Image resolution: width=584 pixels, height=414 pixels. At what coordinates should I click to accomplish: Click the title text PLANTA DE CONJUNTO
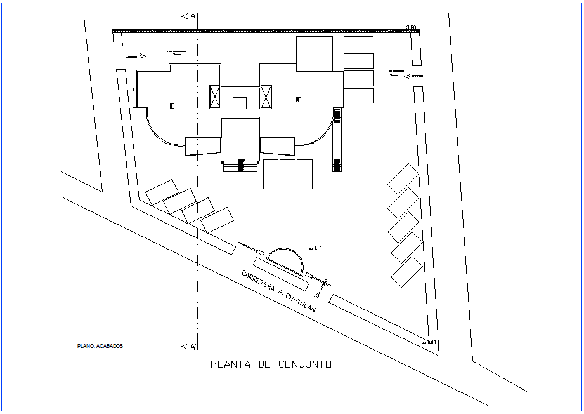(x=271, y=364)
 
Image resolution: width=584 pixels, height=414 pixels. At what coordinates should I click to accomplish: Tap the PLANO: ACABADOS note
(x=100, y=346)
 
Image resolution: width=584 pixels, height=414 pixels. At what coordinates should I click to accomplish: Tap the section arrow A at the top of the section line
(x=188, y=15)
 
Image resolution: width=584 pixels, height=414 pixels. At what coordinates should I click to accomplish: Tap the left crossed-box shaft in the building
(x=215, y=97)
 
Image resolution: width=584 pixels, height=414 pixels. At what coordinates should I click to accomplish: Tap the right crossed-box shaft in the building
(x=266, y=97)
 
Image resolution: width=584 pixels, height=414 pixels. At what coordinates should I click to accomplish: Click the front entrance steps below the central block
(x=241, y=166)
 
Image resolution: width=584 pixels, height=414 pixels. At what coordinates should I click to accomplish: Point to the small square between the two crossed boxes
(x=240, y=102)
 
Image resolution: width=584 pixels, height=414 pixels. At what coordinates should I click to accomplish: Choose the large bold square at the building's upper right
(x=314, y=54)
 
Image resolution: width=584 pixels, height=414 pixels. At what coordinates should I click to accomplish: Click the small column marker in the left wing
(x=172, y=106)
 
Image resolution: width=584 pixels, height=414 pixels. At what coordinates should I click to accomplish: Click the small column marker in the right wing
(x=299, y=99)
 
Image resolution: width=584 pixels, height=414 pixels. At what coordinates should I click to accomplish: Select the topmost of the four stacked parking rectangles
(x=359, y=43)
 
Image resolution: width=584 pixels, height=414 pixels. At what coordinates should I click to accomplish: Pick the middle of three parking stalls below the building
(x=288, y=174)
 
